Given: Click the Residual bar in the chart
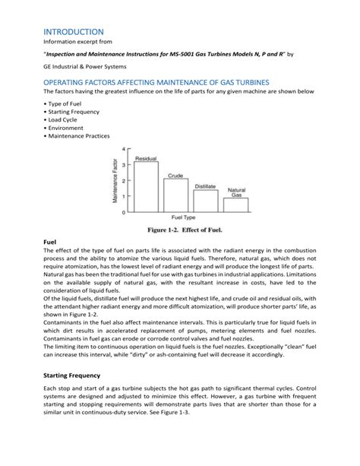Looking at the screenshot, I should tap(146, 187).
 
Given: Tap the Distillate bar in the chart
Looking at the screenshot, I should tap(205, 201).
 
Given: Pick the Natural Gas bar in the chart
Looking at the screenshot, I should tap(236, 204).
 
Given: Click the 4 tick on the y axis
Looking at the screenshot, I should tap(125, 149).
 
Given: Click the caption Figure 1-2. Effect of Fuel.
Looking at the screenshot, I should tap(179, 229).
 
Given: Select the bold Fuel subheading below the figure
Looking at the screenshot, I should tap(51, 242).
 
